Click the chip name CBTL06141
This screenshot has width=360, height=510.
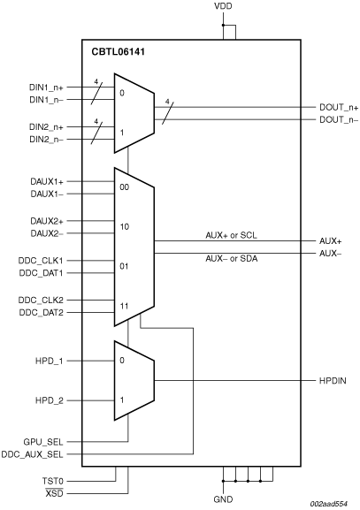click(x=119, y=52)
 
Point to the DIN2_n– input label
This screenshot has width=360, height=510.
click(x=47, y=140)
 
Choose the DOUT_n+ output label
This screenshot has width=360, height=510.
click(x=339, y=107)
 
